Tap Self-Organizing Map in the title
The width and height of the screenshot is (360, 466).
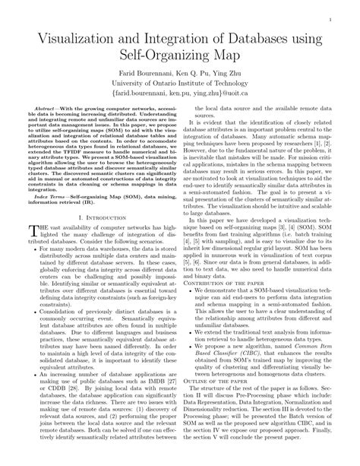point(180,55)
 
